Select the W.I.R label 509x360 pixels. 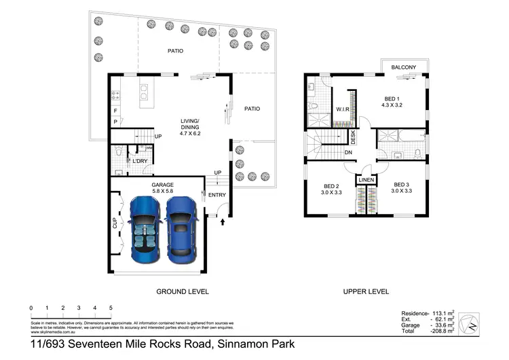343,109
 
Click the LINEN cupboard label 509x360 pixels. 367,180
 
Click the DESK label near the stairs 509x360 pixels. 353,137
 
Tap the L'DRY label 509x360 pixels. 140,161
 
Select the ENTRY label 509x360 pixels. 217,196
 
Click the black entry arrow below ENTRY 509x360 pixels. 222,221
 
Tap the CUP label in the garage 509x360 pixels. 115,223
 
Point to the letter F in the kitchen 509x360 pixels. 115,110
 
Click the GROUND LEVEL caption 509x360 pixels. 183,291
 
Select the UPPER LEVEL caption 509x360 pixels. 366,291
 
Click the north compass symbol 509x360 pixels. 468,324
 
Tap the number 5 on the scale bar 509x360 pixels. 111,308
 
